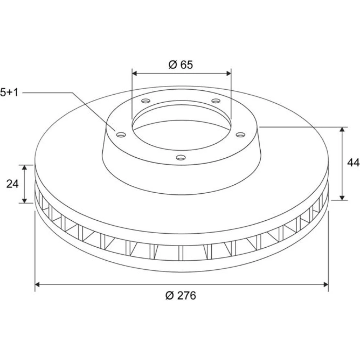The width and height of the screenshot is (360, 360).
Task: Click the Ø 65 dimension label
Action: [181, 65]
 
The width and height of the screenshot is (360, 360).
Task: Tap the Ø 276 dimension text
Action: [181, 296]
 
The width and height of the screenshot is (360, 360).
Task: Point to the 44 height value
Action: [353, 163]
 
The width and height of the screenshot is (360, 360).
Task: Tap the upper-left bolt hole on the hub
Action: [145, 101]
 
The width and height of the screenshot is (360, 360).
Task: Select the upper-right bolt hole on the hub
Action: [216, 101]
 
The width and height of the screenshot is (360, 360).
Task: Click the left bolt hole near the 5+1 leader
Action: [121, 135]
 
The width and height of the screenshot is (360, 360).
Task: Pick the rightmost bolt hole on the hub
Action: [240, 135]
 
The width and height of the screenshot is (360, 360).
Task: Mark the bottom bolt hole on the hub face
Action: [181, 158]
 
